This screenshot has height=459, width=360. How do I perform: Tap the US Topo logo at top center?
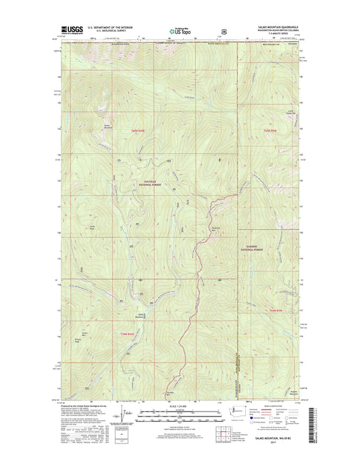pyautogui.click(x=180, y=30)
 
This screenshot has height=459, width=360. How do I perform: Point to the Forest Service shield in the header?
pyautogui.click(x=223, y=30)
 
